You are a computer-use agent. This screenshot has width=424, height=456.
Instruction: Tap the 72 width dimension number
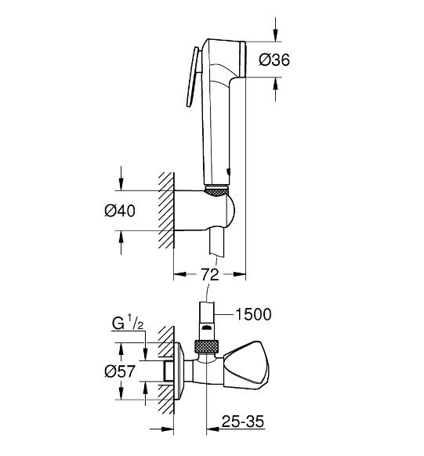pos(208,274)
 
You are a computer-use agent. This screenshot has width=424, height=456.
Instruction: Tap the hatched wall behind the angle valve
pos(165,368)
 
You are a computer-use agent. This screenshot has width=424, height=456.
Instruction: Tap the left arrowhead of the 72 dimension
pos(177,274)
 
